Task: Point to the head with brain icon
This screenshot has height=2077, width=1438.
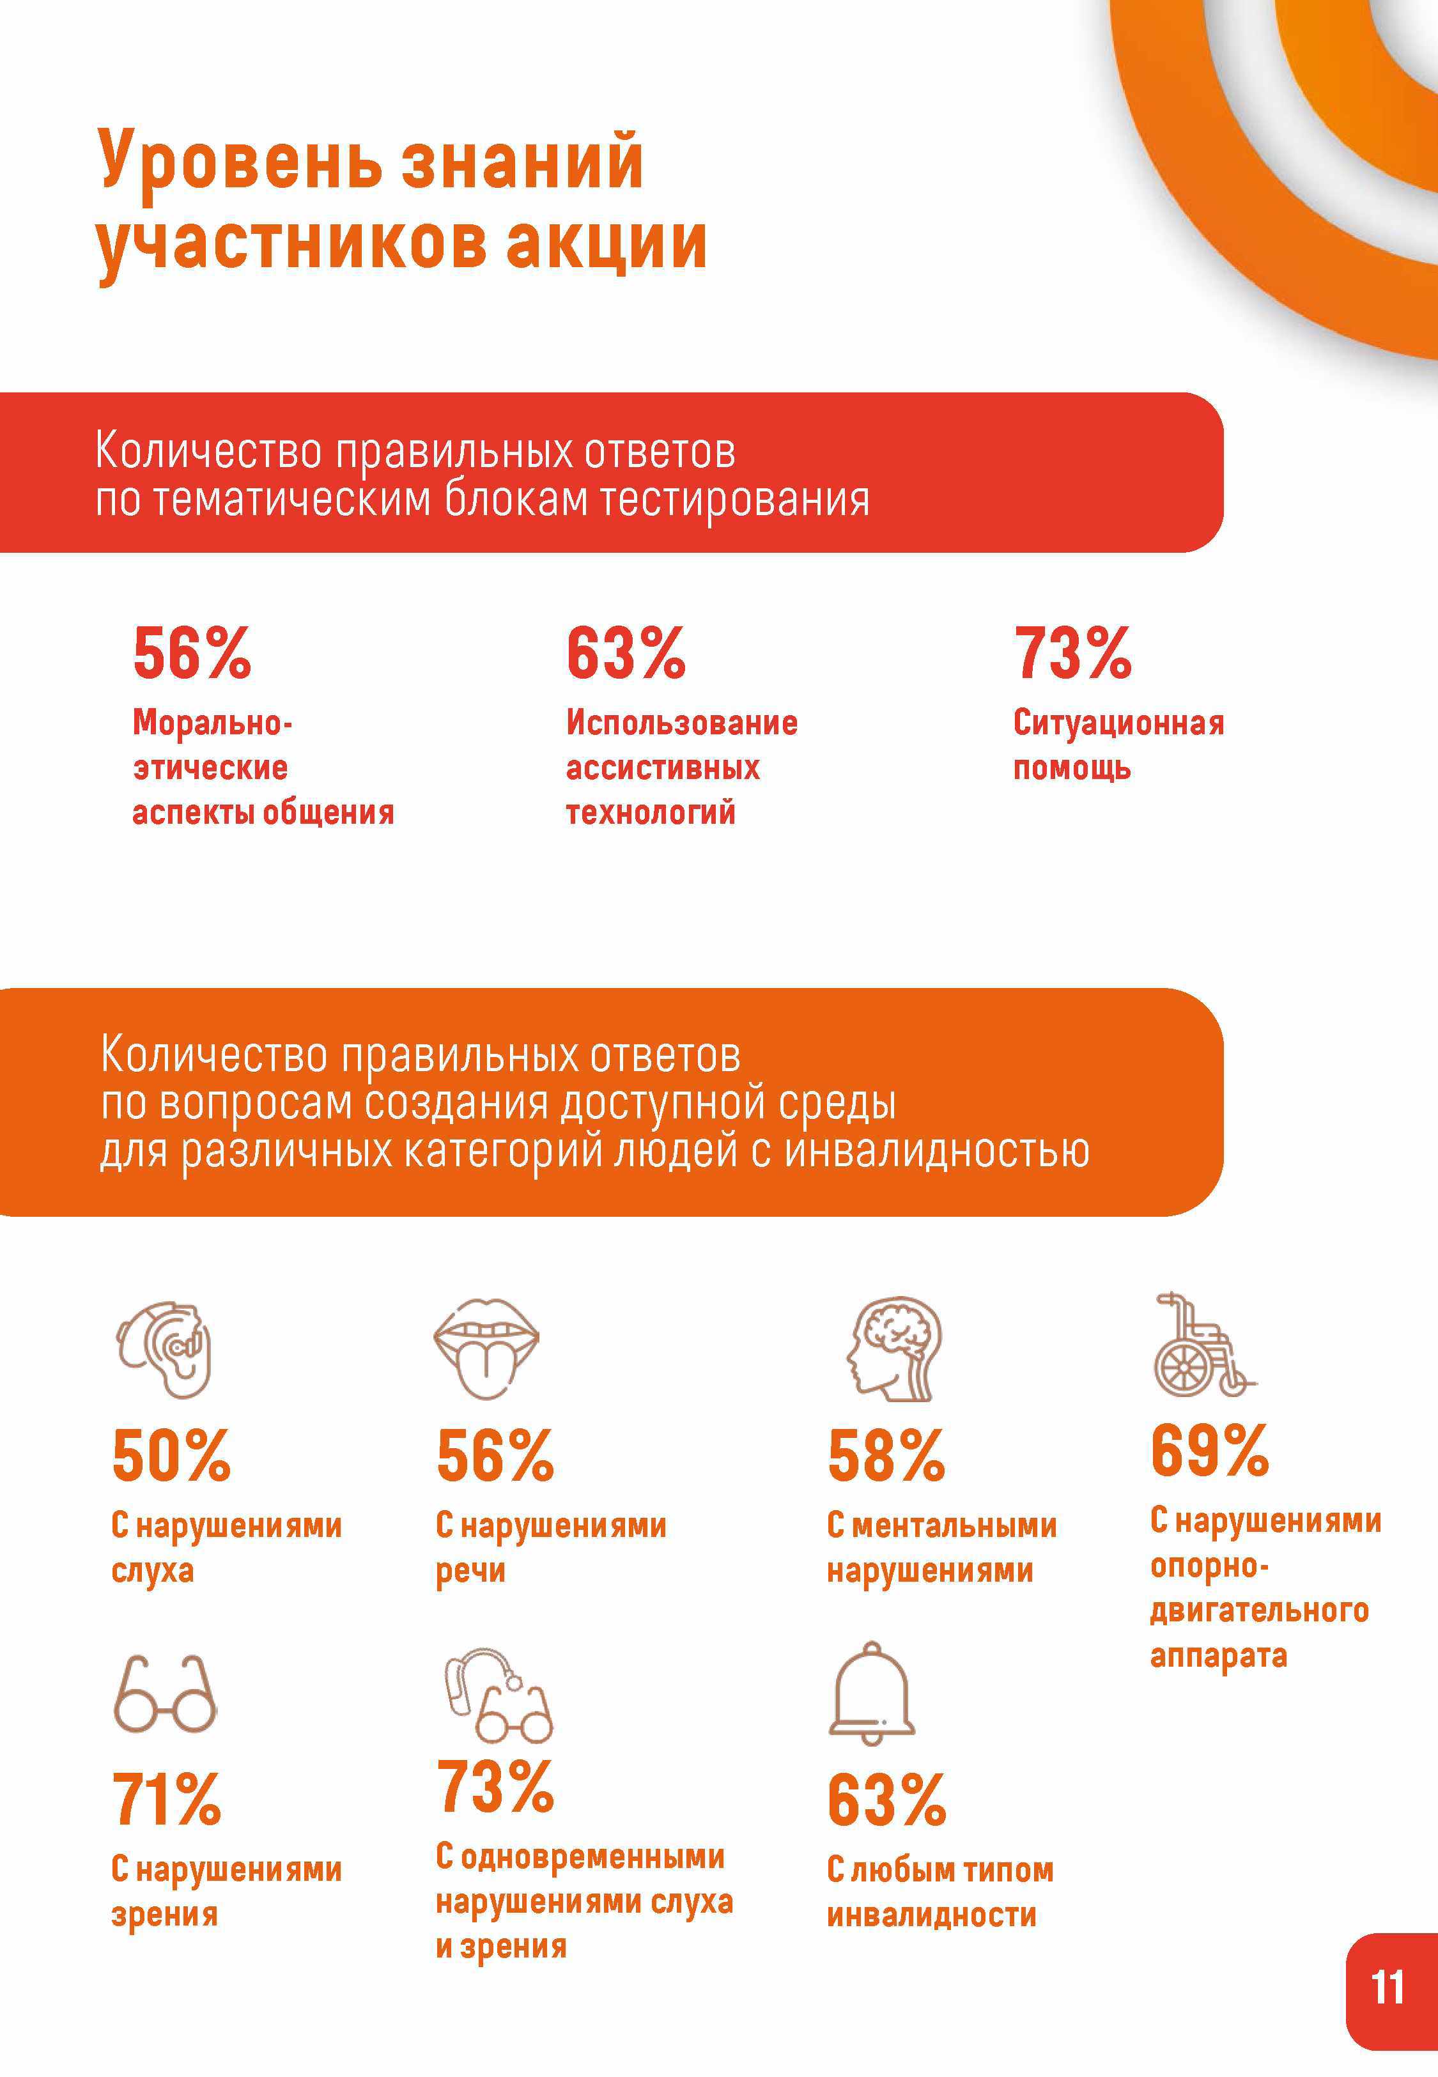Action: [x=895, y=1348]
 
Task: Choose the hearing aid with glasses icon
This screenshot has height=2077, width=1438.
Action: [x=497, y=1694]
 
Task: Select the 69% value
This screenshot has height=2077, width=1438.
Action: [x=1209, y=1450]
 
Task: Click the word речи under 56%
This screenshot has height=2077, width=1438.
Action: [x=470, y=1571]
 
